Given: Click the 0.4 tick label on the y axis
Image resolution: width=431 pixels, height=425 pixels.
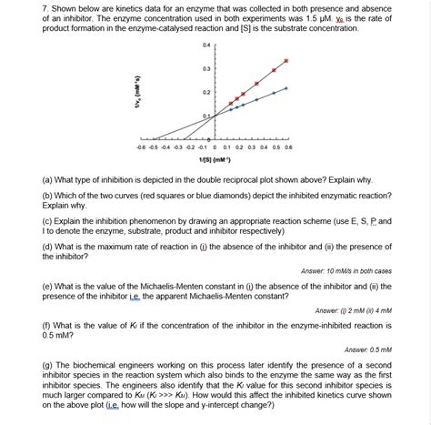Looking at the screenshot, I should (x=205, y=44).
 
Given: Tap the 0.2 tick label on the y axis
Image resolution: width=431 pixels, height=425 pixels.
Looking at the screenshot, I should (x=205, y=93).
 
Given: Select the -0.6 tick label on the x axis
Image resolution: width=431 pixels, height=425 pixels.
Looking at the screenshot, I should (x=140, y=146).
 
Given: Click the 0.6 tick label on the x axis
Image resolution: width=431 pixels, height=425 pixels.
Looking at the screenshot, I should (x=287, y=146).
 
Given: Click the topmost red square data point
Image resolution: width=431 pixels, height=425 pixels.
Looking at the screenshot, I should (x=286, y=61).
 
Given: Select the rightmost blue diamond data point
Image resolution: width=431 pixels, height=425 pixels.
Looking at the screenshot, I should (x=286, y=88).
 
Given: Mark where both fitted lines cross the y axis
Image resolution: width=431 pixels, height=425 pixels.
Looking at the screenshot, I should (x=214, y=116).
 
